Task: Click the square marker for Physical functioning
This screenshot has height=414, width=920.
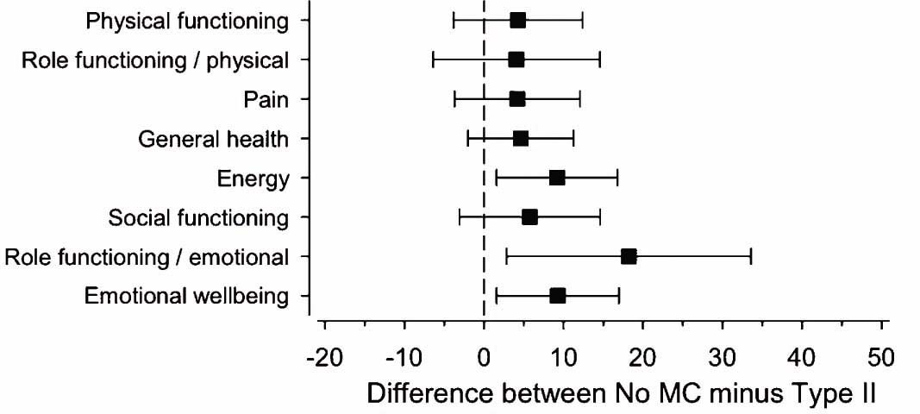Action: [x=517, y=21]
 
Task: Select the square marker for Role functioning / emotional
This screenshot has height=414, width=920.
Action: [x=629, y=256]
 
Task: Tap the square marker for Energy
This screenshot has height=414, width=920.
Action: [x=557, y=178]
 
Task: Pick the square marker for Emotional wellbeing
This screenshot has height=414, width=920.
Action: [x=557, y=296]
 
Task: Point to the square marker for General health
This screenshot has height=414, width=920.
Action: [x=520, y=138]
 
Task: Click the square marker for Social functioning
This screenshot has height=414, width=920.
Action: [x=529, y=217]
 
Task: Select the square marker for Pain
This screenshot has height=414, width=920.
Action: [x=516, y=99]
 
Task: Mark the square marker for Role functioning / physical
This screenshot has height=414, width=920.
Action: [x=516, y=60]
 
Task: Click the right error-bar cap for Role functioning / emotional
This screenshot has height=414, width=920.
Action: [x=751, y=256]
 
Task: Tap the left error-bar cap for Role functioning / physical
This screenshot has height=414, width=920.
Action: [x=433, y=60]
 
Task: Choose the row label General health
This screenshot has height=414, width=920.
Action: [x=214, y=140]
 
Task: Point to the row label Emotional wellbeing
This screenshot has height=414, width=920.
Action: [x=186, y=297]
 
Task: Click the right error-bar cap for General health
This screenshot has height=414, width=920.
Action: [x=573, y=138]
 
